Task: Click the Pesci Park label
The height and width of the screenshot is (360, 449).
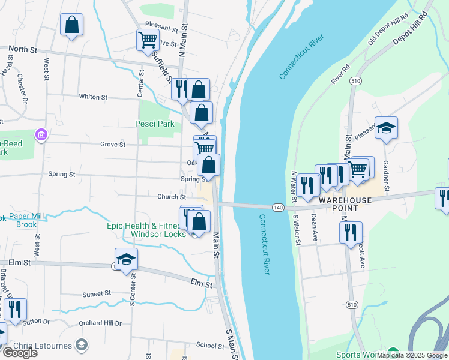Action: click(154, 124)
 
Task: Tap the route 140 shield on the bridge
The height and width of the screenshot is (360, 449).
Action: click(277, 208)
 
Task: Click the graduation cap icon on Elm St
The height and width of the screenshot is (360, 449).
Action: click(127, 259)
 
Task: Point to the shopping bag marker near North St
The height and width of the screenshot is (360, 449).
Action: click(71, 25)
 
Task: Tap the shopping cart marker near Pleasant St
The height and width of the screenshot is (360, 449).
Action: click(147, 40)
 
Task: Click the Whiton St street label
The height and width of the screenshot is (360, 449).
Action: click(92, 97)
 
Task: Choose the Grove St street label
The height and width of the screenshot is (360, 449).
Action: click(113, 145)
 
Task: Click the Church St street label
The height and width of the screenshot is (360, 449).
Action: click(171, 197)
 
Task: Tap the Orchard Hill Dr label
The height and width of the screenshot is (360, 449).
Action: click(100, 323)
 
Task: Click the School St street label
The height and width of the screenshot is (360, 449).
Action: click(209, 346)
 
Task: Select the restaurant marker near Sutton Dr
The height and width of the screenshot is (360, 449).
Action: click(15, 309)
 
